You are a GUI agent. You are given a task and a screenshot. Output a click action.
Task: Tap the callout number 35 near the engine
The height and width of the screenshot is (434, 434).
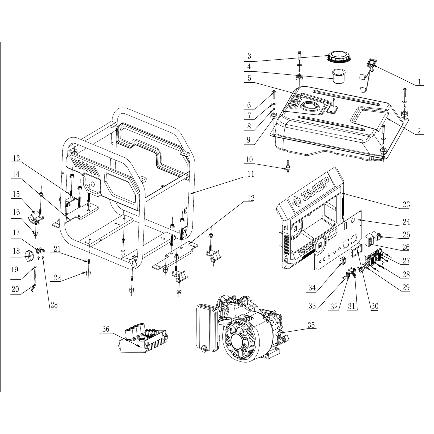[x=311, y=325]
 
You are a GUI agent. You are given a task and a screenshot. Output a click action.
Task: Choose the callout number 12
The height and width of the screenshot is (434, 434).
[x=251, y=198]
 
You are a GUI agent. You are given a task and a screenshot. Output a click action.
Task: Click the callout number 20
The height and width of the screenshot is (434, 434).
[x=15, y=290]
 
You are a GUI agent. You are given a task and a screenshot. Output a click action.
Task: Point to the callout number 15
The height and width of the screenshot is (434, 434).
[x=15, y=194]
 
